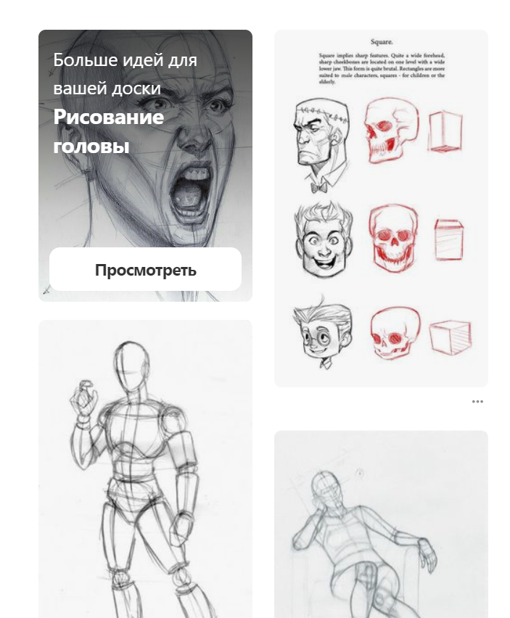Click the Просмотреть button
(x=145, y=270)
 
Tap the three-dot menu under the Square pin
(x=477, y=401)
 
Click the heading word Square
(x=381, y=43)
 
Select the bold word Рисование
(x=109, y=117)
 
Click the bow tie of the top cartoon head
(x=319, y=186)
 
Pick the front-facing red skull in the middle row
(x=395, y=238)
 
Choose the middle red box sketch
(x=449, y=239)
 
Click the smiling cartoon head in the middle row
(x=322, y=240)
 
